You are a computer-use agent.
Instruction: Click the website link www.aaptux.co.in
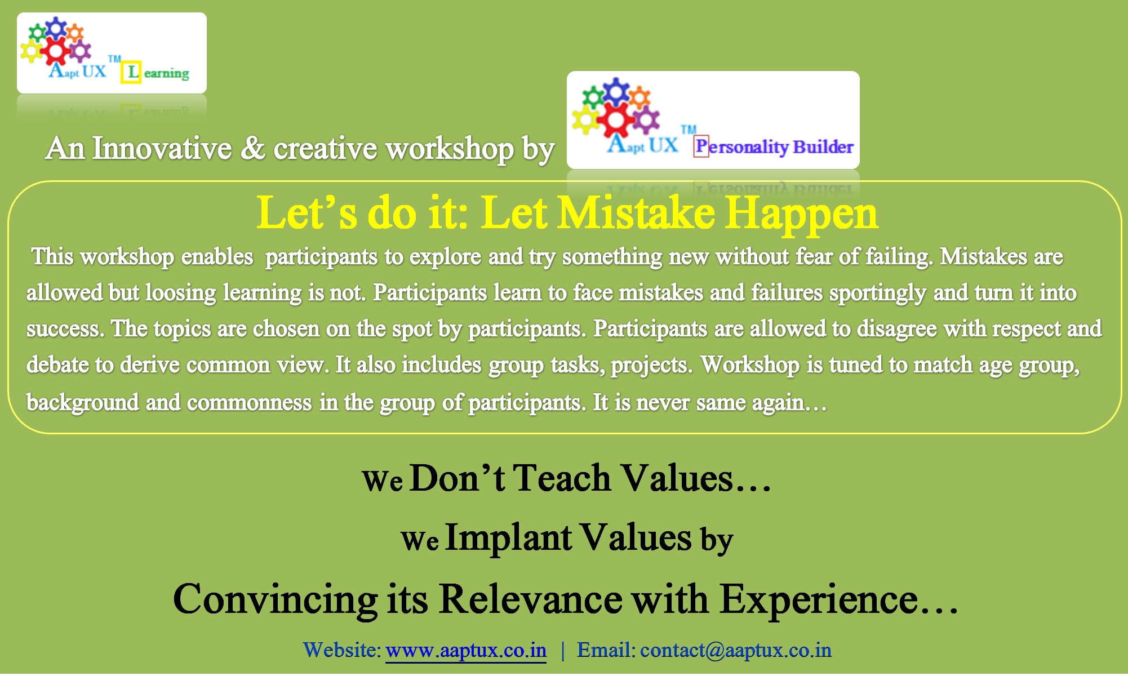[466, 650]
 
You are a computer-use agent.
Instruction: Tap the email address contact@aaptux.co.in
[736, 650]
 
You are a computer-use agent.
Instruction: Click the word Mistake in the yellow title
[636, 213]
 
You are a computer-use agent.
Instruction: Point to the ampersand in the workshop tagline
[253, 148]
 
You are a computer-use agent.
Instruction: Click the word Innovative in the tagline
[162, 148]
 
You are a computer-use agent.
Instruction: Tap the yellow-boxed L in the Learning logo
[132, 72]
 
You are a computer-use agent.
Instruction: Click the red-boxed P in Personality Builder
[701, 146]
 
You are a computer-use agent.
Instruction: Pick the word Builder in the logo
[823, 146]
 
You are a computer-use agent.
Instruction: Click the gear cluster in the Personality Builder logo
[616, 107]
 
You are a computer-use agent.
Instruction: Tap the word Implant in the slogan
[509, 537]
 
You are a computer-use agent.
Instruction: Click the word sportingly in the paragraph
[878, 293]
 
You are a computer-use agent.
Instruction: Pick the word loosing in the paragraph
[180, 293]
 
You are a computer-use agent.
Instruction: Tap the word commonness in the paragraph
[249, 402]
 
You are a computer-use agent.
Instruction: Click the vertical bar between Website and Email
[562, 651]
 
